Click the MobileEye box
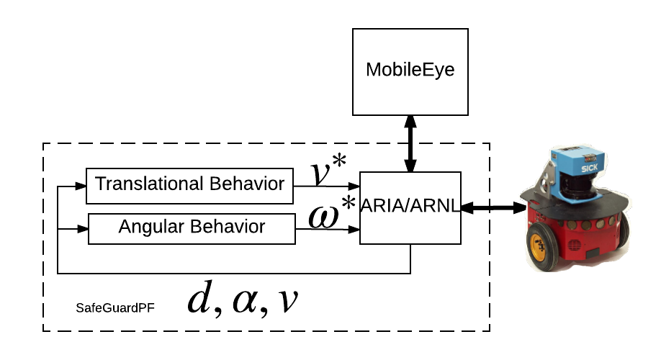tap(410, 71)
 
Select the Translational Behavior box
tap(189, 186)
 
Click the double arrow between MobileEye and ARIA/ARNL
tap(410, 144)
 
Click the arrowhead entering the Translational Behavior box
tap(80, 186)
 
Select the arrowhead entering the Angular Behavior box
tap(82, 229)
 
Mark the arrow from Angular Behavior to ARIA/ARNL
tap(328, 230)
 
